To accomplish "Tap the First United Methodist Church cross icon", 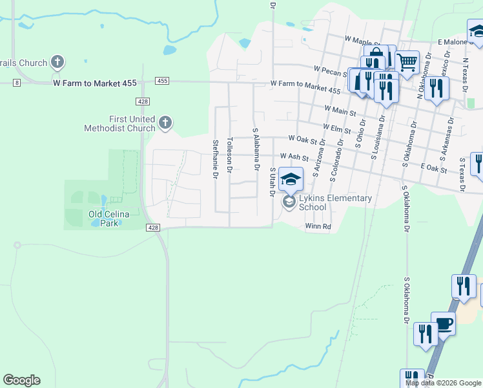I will point(165,122).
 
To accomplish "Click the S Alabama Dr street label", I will point(256,149).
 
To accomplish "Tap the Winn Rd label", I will point(318,226).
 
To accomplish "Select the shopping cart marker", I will point(407,63).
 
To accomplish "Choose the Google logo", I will point(21,380).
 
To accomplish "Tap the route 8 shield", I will point(17,82).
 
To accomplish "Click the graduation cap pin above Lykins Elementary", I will point(291,178).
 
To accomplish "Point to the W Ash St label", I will point(294,156).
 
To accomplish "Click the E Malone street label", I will point(451,42).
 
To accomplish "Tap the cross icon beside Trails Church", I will point(57,62).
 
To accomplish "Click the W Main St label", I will point(340,112).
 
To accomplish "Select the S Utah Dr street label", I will point(273,179).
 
